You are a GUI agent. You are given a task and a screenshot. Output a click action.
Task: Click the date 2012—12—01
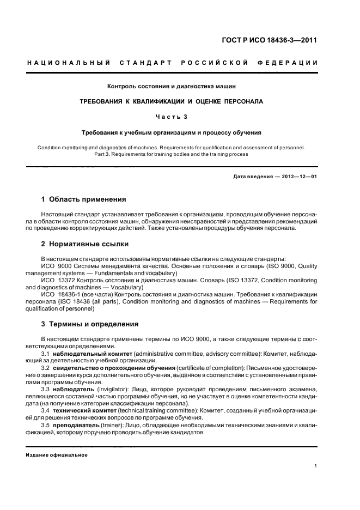(x=297, y=177)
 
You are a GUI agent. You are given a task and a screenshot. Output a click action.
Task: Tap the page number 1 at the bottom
(x=316, y=466)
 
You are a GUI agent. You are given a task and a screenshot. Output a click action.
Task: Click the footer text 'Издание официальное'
(x=57, y=454)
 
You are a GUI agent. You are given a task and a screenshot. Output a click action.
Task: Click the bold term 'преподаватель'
(x=76, y=424)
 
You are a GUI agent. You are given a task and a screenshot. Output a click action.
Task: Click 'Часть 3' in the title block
(x=172, y=117)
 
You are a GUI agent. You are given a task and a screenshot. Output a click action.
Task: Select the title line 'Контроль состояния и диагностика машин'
(x=172, y=86)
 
